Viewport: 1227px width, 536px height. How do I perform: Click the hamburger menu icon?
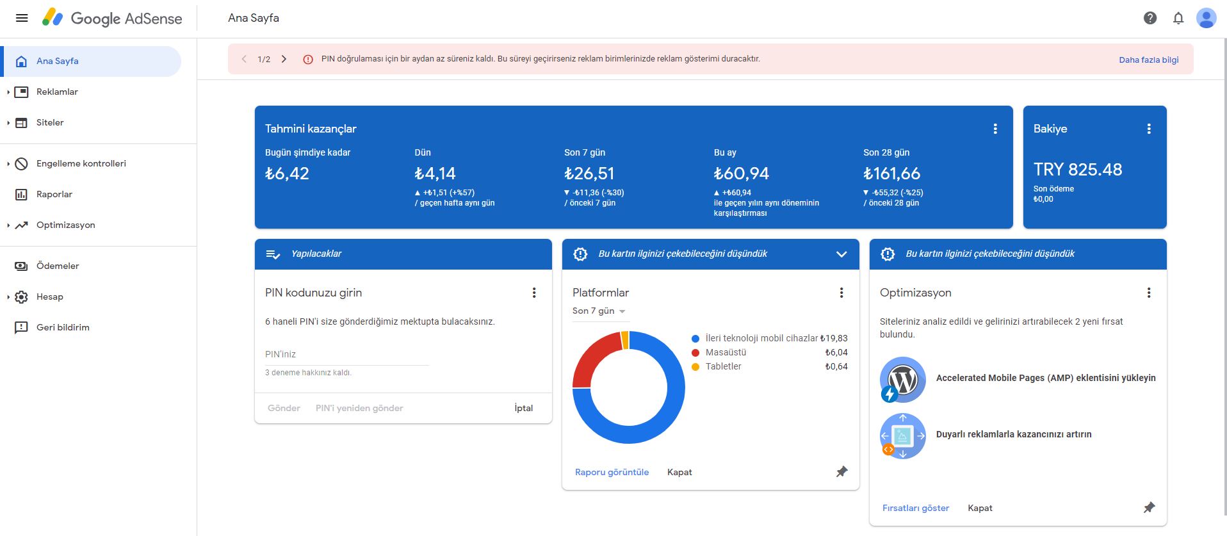point(22,18)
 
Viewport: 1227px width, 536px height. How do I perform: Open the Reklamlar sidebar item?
point(57,92)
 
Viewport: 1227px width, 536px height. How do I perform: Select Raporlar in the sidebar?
point(54,194)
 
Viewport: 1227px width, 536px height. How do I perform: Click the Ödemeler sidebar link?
point(58,266)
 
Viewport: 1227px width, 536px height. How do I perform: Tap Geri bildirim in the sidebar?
point(63,327)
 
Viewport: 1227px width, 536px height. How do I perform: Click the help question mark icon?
point(1150,18)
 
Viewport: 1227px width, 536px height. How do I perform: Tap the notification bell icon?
point(1178,18)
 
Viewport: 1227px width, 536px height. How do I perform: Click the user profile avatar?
point(1207,18)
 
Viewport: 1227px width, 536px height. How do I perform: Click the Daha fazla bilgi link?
point(1149,60)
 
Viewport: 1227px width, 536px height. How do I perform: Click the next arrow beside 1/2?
point(284,59)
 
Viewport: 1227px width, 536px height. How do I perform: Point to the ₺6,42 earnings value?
point(287,174)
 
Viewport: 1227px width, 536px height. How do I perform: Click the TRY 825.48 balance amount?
point(1078,170)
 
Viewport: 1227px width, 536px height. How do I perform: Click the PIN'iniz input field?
point(346,354)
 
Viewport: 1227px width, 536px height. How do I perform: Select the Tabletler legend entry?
point(724,366)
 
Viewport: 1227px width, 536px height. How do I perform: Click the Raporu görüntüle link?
point(612,472)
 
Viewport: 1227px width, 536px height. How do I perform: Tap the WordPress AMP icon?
point(902,380)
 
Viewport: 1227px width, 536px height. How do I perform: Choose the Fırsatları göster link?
point(916,508)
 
